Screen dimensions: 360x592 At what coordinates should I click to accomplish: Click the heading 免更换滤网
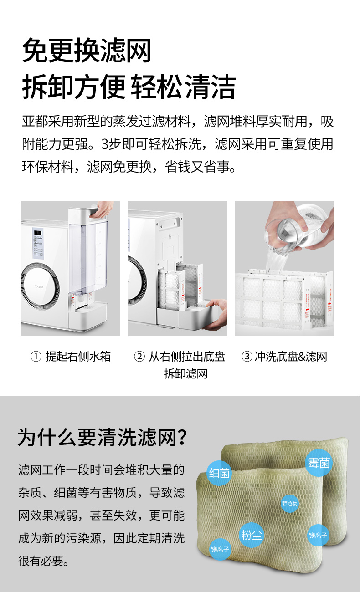(x=87, y=50)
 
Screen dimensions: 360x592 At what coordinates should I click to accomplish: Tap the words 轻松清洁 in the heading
(x=183, y=87)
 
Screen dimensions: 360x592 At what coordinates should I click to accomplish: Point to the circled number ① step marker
(x=36, y=357)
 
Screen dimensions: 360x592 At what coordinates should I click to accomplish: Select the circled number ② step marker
(x=139, y=357)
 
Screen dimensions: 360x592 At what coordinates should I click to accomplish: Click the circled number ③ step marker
(x=247, y=357)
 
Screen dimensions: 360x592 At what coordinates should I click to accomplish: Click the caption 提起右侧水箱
(x=78, y=357)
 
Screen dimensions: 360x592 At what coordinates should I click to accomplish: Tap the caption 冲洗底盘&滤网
(x=291, y=357)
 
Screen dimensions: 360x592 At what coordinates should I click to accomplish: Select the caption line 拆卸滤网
(x=185, y=374)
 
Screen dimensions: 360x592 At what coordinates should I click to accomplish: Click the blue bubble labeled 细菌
(x=219, y=473)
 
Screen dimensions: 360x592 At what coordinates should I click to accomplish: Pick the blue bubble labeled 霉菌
(x=319, y=463)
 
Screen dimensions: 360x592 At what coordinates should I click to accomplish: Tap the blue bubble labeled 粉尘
(x=251, y=535)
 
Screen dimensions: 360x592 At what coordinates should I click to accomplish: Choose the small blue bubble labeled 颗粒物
(x=290, y=504)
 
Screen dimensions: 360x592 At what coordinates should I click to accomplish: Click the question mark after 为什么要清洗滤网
(x=182, y=437)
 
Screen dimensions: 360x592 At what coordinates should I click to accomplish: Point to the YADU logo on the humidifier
(x=39, y=286)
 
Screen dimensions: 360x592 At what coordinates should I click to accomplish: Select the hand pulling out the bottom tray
(x=216, y=315)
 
